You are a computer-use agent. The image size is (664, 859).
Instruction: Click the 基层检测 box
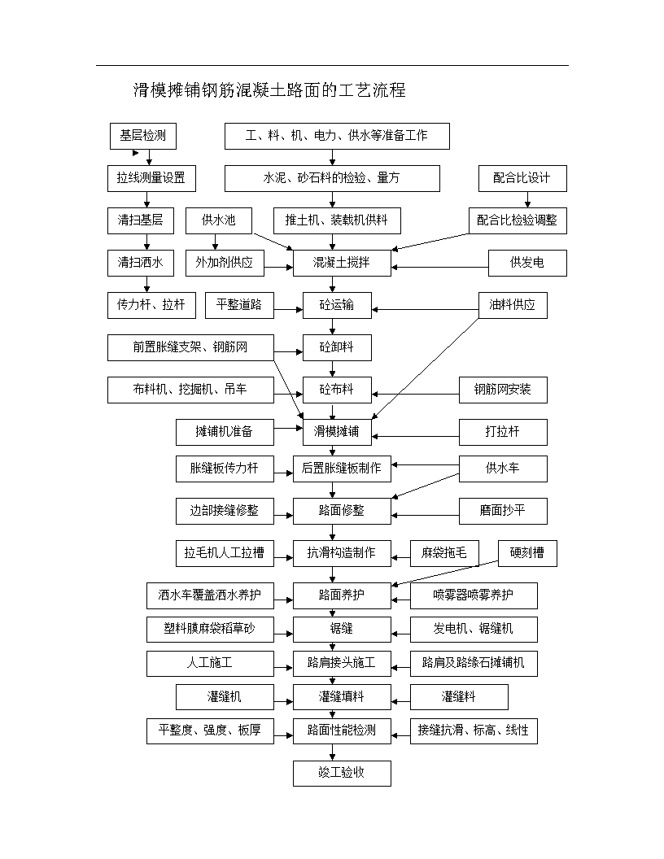pos(143,136)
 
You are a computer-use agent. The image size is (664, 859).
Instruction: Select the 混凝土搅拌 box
pos(342,263)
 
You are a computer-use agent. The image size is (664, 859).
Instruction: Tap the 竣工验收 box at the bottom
pos(342,773)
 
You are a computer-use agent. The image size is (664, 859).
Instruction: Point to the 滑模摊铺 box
pos(337,432)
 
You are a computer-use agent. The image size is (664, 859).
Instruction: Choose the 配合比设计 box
pos(522,179)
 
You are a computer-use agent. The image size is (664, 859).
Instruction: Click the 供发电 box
pos(527,263)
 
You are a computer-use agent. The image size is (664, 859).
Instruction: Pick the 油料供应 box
pos(513,305)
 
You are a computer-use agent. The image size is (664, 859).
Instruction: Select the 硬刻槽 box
pos(527,553)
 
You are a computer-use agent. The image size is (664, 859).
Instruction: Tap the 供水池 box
pos(219,220)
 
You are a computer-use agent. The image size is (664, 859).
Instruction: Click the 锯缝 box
pos(342,630)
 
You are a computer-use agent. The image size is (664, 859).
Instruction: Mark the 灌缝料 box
pos(459,697)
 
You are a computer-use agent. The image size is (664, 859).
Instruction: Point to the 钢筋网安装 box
pos(503,390)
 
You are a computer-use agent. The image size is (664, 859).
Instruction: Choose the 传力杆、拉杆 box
pos(151,305)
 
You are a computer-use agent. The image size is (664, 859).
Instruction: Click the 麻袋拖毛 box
pos(444,553)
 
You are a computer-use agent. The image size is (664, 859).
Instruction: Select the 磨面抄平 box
pos(503,511)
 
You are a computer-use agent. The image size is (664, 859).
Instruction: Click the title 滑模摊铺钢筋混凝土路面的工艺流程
pos(269,90)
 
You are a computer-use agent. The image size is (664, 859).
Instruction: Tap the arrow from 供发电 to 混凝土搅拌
pos(439,268)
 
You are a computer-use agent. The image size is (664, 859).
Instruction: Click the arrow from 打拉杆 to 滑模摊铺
pos(415,437)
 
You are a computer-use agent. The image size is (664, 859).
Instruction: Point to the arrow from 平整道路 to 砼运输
pos(288,310)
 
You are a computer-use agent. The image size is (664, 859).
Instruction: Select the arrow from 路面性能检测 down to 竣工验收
pos(332,752)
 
